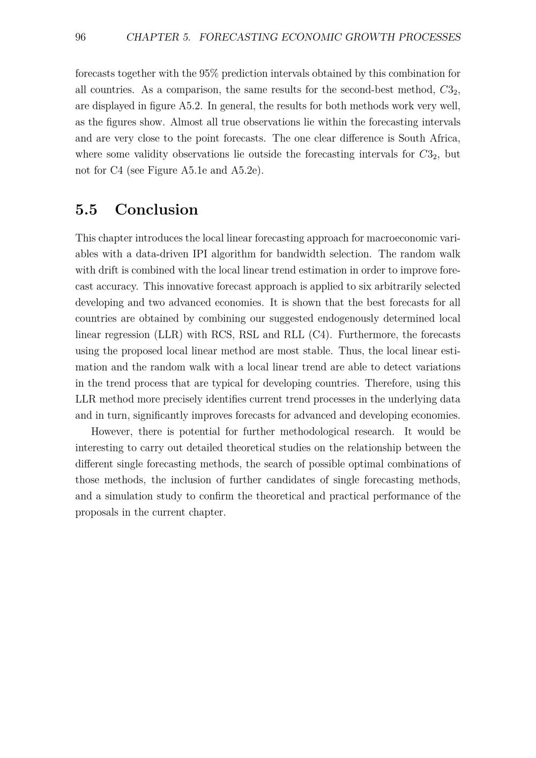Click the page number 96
(80, 37)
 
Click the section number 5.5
(86, 210)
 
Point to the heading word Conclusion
(156, 210)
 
